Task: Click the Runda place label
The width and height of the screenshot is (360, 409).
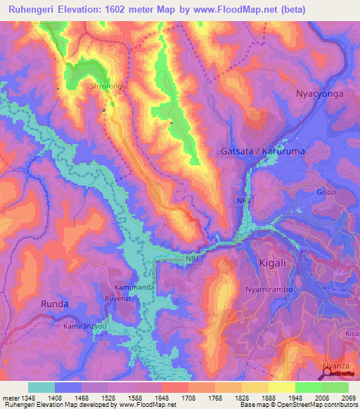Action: coord(54,304)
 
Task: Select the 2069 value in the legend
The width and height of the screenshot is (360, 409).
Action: coord(348,398)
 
